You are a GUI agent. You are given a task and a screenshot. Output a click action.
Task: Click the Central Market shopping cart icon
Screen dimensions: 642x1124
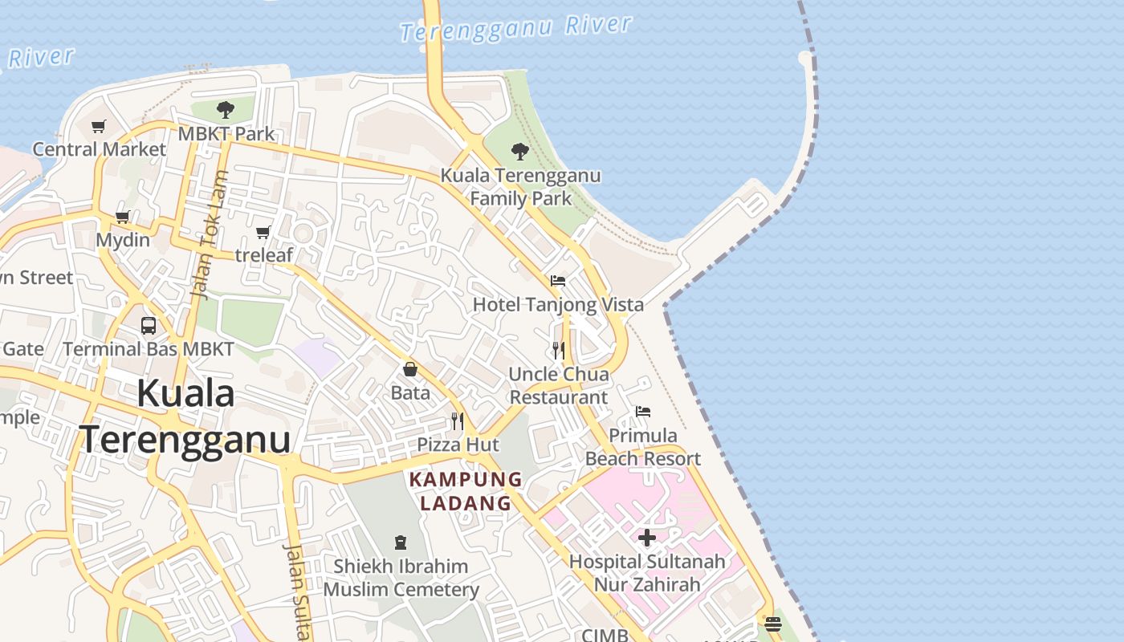click(x=99, y=126)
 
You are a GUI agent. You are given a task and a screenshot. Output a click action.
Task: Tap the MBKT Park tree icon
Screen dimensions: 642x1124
click(x=226, y=110)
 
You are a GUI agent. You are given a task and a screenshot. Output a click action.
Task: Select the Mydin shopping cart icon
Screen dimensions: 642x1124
click(x=123, y=217)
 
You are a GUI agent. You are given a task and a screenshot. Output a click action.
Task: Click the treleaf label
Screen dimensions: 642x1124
click(x=264, y=255)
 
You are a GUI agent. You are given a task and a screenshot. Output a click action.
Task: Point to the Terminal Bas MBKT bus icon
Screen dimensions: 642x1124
click(x=149, y=325)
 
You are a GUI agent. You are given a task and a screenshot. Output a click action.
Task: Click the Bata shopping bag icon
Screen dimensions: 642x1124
click(x=410, y=369)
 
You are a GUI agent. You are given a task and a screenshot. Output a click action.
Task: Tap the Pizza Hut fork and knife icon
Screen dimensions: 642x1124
click(x=458, y=421)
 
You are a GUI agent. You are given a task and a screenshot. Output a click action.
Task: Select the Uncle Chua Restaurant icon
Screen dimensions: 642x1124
click(x=559, y=350)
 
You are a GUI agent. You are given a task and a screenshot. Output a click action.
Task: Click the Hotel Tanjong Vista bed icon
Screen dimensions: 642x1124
click(x=558, y=281)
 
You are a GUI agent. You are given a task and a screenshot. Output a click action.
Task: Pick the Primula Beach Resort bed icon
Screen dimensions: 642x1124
click(x=643, y=412)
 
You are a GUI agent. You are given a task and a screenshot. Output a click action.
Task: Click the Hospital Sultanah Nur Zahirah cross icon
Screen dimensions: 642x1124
click(x=647, y=538)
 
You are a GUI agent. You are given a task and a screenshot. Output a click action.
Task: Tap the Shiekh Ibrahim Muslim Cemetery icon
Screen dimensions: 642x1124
click(x=401, y=542)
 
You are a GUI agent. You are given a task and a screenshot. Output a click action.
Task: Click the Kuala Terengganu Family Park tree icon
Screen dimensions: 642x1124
click(x=520, y=151)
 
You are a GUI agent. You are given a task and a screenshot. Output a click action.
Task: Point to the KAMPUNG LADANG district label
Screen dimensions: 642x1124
click(x=466, y=491)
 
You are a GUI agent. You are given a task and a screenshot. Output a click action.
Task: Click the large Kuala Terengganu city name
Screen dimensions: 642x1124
click(x=185, y=416)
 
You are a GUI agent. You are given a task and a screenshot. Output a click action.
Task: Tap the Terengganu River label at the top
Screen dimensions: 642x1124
click(x=515, y=28)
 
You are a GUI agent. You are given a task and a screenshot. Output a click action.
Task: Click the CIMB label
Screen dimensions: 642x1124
click(x=605, y=635)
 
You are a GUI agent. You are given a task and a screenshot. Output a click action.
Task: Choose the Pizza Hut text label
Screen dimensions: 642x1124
click(x=458, y=445)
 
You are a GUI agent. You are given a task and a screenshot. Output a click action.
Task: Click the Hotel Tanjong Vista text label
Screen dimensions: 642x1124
click(x=558, y=305)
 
